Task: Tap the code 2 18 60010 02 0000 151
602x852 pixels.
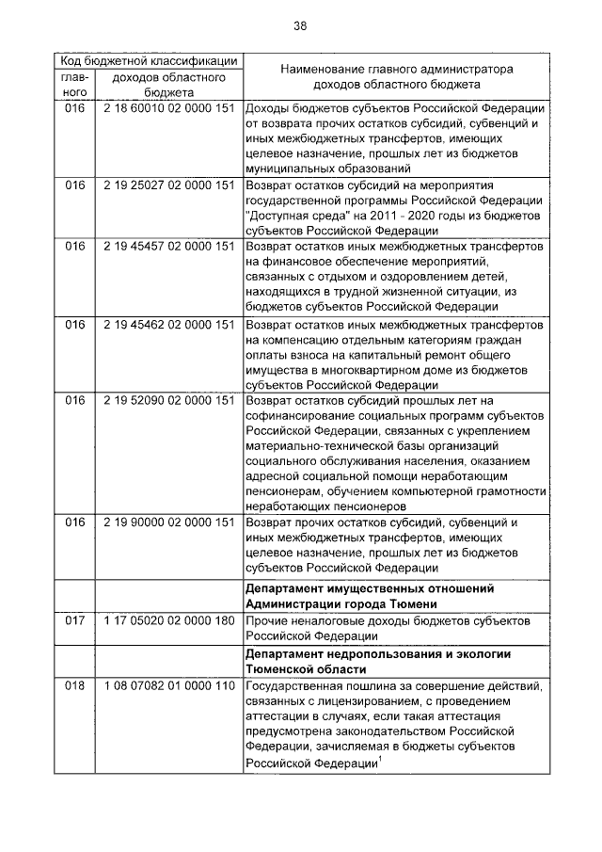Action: pos(169,108)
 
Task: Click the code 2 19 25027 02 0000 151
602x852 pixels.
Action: pos(169,185)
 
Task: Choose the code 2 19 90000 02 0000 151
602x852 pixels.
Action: pos(169,522)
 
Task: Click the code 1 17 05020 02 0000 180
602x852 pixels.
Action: pos(169,621)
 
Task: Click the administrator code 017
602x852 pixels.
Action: pos(74,621)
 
